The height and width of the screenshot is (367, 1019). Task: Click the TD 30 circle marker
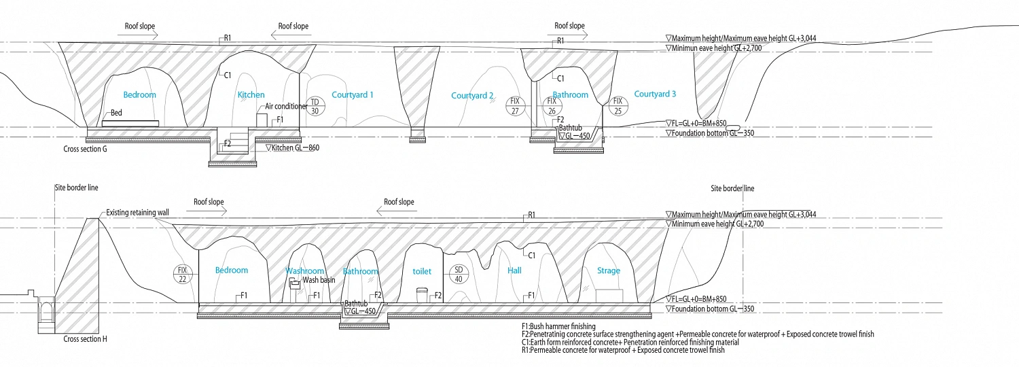click(x=315, y=106)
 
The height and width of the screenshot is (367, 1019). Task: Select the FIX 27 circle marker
click(x=515, y=106)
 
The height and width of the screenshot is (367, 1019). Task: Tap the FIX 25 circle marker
click(x=618, y=105)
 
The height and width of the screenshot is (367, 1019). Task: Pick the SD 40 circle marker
click(x=458, y=275)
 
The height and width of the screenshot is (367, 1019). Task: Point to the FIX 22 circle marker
click(x=183, y=275)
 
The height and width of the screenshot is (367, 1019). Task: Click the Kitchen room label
click(x=251, y=94)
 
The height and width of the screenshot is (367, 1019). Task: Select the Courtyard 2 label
click(x=472, y=96)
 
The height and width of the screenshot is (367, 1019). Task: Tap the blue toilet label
click(x=422, y=271)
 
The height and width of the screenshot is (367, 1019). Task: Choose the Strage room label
click(x=608, y=270)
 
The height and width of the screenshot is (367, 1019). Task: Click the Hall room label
click(x=514, y=270)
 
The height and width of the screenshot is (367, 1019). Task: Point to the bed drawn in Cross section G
click(x=130, y=124)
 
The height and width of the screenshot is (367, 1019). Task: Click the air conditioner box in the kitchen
click(x=262, y=120)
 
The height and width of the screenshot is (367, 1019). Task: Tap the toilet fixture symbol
click(x=422, y=294)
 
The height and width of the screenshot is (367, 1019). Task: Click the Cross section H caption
click(x=85, y=339)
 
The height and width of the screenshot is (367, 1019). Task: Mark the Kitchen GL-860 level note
click(x=293, y=147)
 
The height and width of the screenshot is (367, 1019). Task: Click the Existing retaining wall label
click(x=137, y=212)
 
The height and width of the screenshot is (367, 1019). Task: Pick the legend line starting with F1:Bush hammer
click(x=558, y=326)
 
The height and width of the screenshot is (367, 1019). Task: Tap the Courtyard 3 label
click(x=655, y=94)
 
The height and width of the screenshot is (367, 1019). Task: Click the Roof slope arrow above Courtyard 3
click(x=571, y=34)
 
